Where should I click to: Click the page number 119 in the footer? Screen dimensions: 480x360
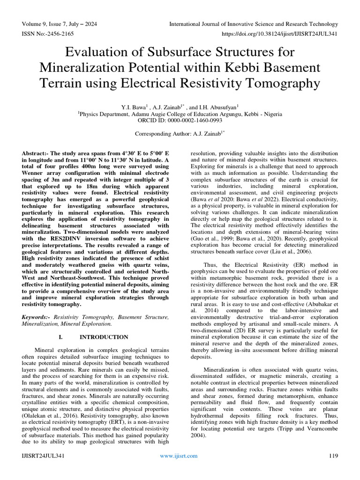pyautogui.click(x=333, y=456)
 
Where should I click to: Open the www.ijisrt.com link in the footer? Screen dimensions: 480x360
pyautogui.click(x=179, y=456)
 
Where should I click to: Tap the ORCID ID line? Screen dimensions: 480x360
pyautogui.click(x=180, y=120)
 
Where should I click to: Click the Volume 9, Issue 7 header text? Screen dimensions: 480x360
pyautogui.click(x=58, y=24)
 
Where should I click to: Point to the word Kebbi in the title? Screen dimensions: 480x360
pyautogui.click(x=246, y=68)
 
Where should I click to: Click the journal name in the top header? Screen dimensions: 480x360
pyautogui.click(x=253, y=24)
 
